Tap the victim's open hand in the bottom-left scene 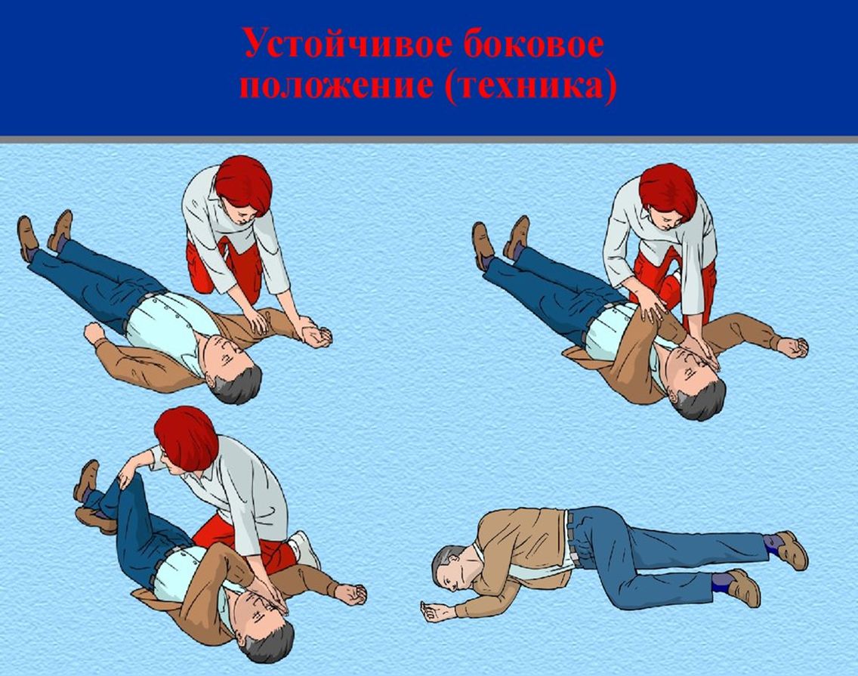[x=350, y=594]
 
